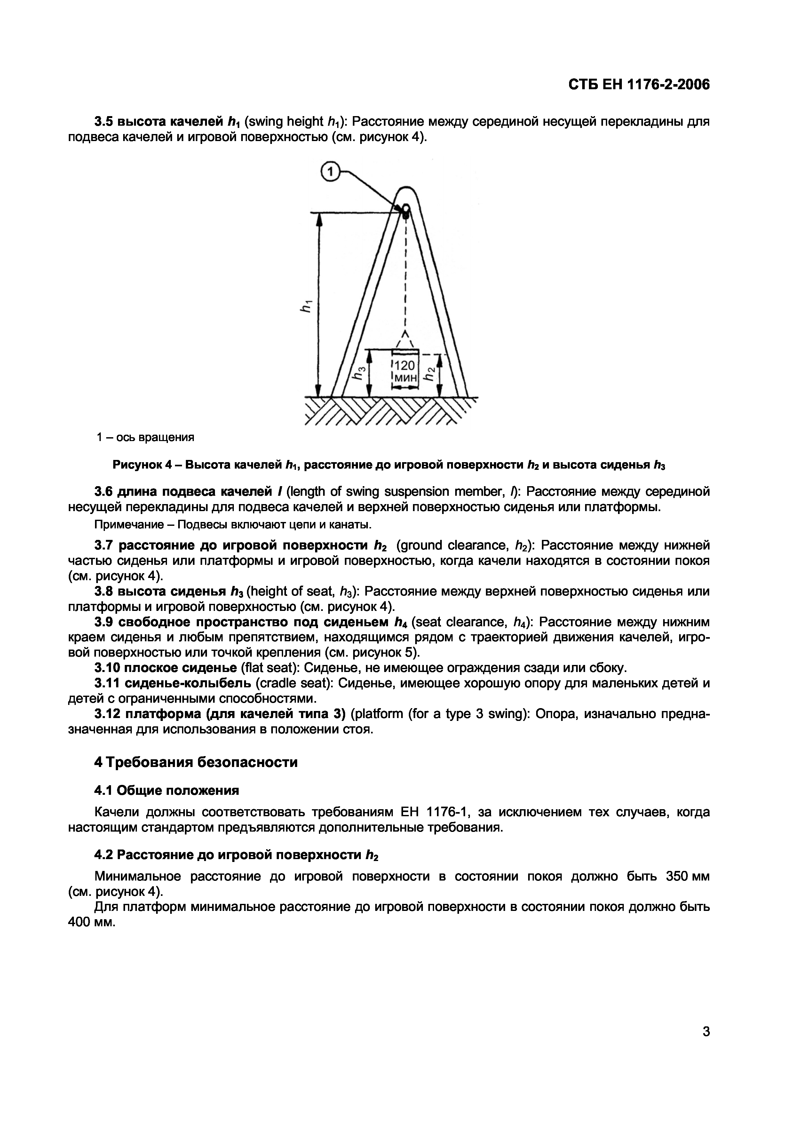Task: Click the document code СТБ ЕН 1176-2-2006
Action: (x=638, y=84)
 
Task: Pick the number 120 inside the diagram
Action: (x=405, y=366)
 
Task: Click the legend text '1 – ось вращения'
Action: (x=145, y=437)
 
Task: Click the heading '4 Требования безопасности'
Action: (x=195, y=762)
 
